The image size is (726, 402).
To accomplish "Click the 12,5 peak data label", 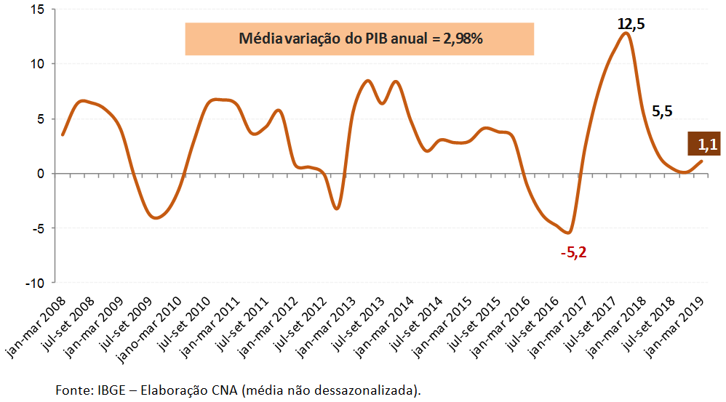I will tap(631, 24).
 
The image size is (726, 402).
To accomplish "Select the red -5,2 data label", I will tap(573, 254).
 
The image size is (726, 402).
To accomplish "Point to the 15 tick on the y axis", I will tap(38, 9).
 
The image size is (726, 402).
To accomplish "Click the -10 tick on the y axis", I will tap(35, 283).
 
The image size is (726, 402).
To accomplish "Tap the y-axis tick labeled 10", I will tap(38, 64).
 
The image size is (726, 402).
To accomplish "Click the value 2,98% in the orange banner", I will tap(460, 39).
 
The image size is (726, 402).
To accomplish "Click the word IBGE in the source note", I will tap(113, 390).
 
